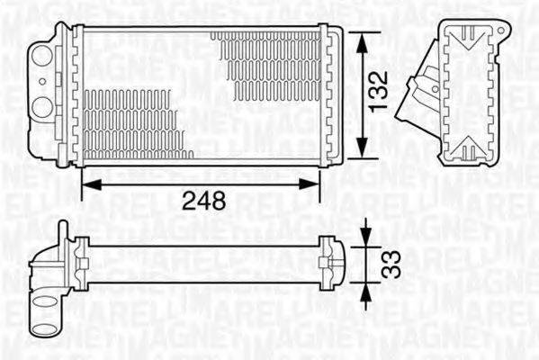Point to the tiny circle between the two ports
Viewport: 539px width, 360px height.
click(42, 84)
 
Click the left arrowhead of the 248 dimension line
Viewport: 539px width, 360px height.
click(88, 183)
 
